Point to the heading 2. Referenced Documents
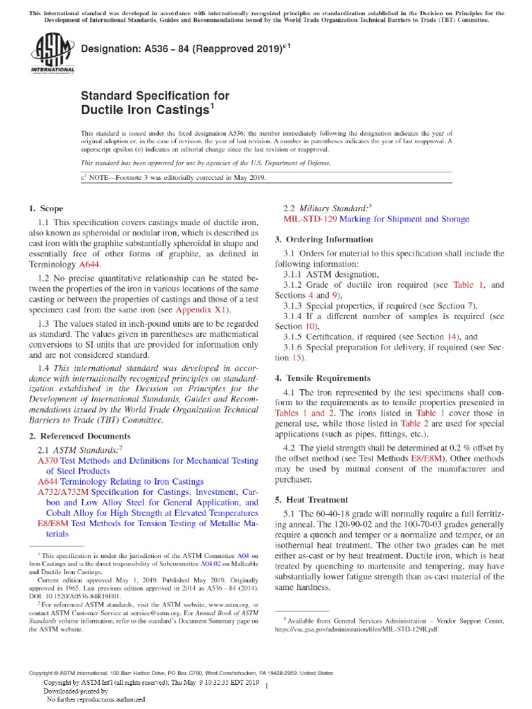pyautogui.click(x=79, y=436)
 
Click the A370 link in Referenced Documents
pyautogui.click(x=46, y=460)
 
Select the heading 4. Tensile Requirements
pyautogui.click(x=322, y=379)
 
